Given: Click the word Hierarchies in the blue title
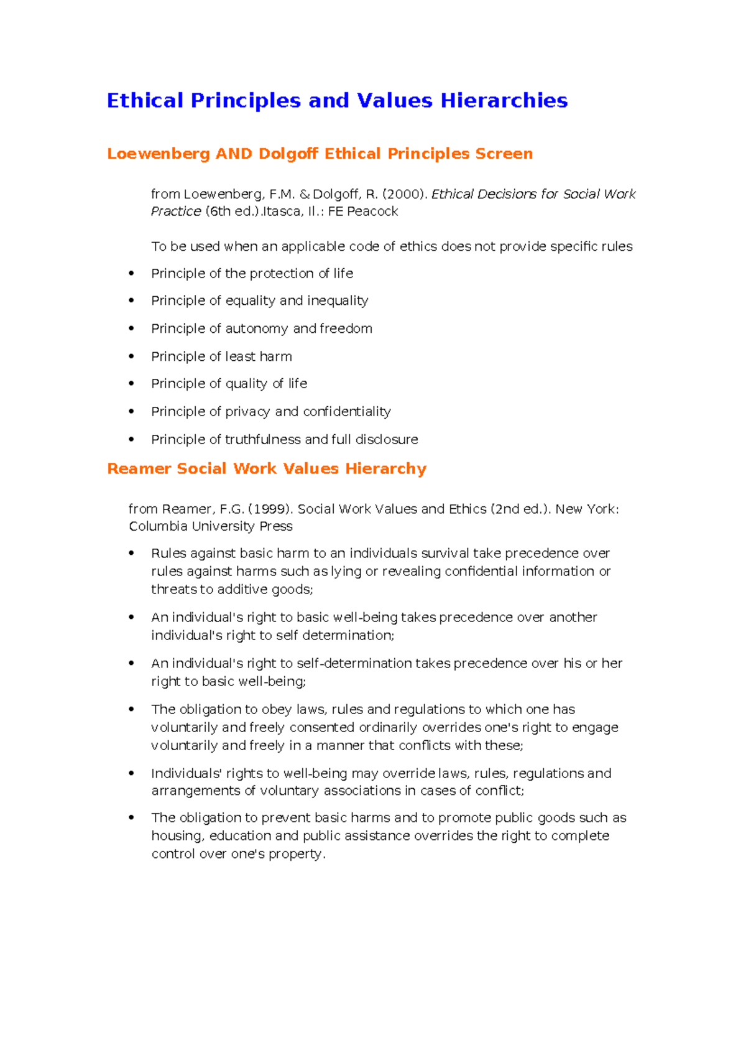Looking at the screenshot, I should (x=504, y=101).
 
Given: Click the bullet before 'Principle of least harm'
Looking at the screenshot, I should (x=131, y=356).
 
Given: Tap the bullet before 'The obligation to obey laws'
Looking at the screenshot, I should (x=131, y=709).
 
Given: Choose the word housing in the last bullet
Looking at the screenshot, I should (x=176, y=836).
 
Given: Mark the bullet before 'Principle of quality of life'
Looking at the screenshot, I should (x=131, y=384).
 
